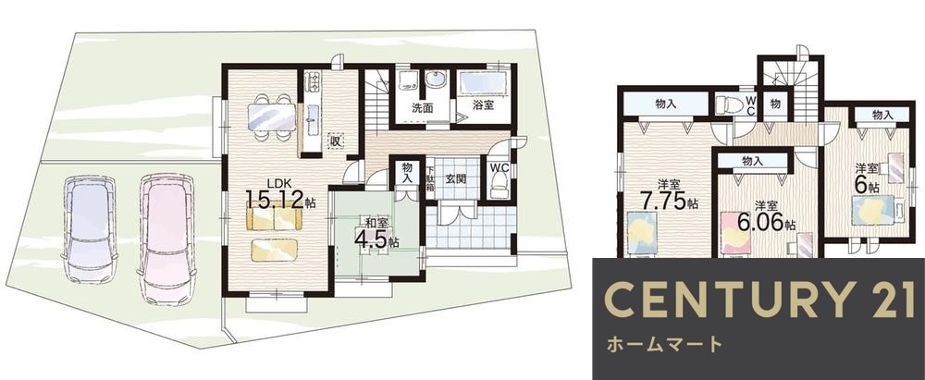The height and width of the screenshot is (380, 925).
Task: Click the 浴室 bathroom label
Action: click(483, 106)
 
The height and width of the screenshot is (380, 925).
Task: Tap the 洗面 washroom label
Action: click(423, 107)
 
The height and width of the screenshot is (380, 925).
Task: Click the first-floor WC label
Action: click(499, 168)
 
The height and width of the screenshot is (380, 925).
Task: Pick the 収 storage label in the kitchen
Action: click(338, 141)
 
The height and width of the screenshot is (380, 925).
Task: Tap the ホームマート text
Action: click(663, 345)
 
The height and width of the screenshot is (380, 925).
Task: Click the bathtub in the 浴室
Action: click(482, 83)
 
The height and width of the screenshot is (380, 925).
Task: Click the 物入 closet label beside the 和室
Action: click(407, 173)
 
